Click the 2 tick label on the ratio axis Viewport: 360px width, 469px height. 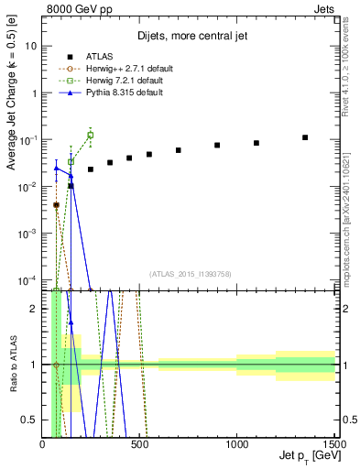point(35,308)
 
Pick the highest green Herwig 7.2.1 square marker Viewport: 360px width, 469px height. point(90,135)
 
